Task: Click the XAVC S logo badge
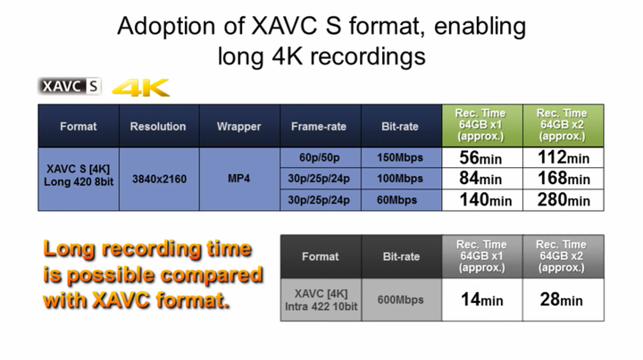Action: coord(70,86)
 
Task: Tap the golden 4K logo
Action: coord(141,88)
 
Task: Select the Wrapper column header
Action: coord(239,126)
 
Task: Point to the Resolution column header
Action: coord(159,126)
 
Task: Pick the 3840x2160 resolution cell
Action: coord(159,180)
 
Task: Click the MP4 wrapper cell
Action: coord(239,180)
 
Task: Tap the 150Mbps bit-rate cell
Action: coord(401,157)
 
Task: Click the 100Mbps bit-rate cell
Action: coord(401,179)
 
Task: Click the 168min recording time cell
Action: coord(563,179)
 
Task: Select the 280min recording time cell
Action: coord(563,200)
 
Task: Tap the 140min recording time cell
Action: coord(482,200)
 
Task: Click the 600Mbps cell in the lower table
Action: coord(401,300)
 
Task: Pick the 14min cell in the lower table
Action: coord(482,300)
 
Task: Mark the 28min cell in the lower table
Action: coord(563,300)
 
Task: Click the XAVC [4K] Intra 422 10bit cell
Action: coord(321,300)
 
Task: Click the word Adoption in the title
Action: coord(166,27)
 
